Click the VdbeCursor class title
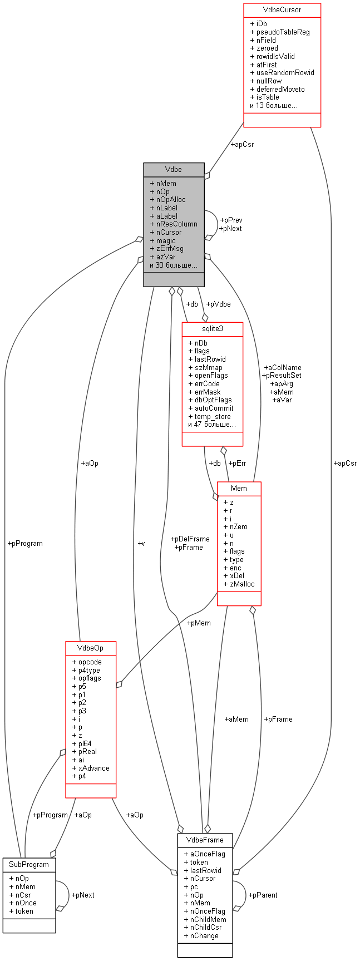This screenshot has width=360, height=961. click(x=282, y=10)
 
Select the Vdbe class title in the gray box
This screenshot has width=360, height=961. click(x=174, y=170)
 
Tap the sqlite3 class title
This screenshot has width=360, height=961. click(x=212, y=329)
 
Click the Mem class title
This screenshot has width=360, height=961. click(x=239, y=489)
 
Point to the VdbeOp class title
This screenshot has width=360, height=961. click(x=91, y=648)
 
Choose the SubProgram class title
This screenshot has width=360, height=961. click(x=29, y=864)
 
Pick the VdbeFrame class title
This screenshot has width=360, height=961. click(x=205, y=840)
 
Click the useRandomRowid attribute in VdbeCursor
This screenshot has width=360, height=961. click(x=285, y=72)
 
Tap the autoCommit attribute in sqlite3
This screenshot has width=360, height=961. click(x=214, y=408)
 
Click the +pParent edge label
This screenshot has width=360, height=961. click(x=263, y=895)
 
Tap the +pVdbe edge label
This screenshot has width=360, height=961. click(x=218, y=304)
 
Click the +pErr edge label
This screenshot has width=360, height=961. click(x=237, y=463)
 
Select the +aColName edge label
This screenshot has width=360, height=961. click(x=283, y=367)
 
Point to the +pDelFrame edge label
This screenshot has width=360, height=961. click(x=191, y=539)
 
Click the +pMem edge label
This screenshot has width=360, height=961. click(x=199, y=623)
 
